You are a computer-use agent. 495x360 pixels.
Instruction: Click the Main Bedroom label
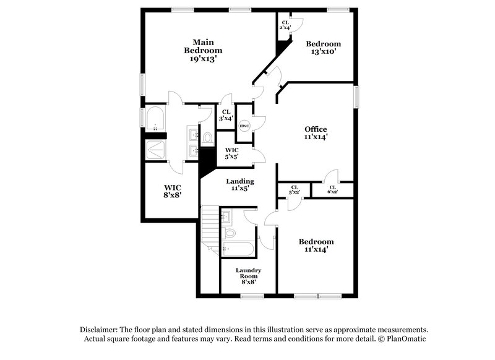coord(202,50)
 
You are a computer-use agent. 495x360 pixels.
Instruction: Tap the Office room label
coord(316,133)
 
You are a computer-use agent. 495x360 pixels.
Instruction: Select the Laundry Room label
coord(248,276)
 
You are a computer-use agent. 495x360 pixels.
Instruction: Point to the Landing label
coord(239,185)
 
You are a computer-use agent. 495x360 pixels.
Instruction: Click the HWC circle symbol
coord(244,126)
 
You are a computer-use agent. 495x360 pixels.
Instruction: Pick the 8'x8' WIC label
coord(172,191)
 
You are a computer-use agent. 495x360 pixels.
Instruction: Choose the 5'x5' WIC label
coord(232,153)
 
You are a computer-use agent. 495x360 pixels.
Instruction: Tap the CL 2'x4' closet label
coord(285,25)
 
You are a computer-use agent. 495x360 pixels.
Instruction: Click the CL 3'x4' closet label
coord(226,116)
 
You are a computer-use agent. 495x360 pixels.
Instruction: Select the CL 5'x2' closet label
coord(294,189)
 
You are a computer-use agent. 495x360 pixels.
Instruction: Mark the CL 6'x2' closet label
coord(332,189)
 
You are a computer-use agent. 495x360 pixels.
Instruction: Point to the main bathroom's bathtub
coord(154,119)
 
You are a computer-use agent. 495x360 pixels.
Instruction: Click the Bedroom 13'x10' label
coord(324,48)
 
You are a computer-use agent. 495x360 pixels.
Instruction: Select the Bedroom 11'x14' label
coord(316,246)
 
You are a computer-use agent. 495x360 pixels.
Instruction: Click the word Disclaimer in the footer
coord(100,330)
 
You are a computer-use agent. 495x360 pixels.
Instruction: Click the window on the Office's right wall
coord(356,96)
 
